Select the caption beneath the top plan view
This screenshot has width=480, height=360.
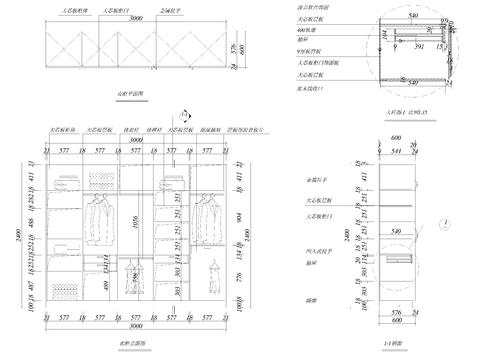click(132, 94)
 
